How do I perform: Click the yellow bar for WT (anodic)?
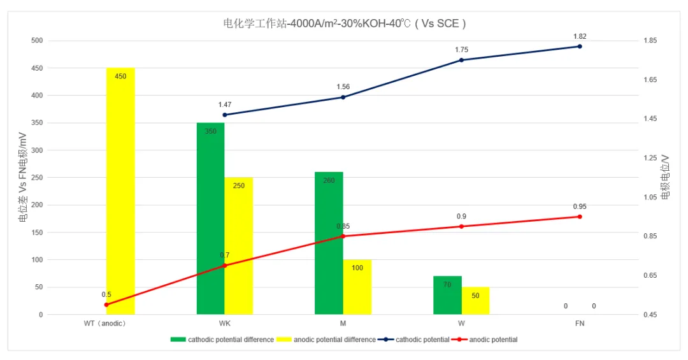120,191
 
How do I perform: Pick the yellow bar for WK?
239,246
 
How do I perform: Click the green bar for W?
447,295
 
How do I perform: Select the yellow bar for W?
475,301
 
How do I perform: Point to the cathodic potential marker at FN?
580,47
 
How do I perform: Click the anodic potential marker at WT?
106,305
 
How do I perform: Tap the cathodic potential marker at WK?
225,115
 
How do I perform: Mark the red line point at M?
343,236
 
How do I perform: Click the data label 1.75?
461,50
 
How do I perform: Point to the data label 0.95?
580,206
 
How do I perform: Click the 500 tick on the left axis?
36,41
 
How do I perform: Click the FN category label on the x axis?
580,324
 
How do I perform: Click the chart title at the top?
345,24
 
